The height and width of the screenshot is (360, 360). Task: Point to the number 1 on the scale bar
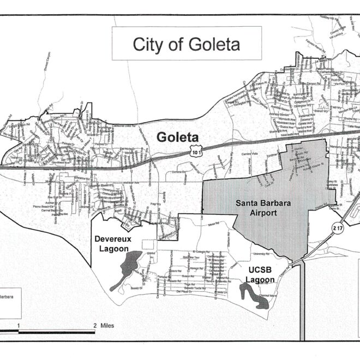pyautogui.click(x=19, y=326)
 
